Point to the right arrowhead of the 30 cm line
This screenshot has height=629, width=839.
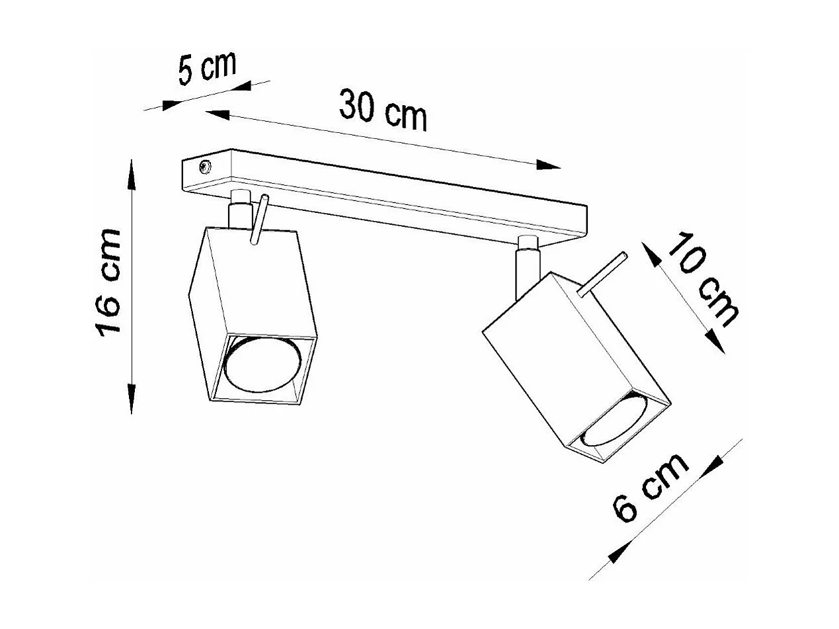pyautogui.click(x=548, y=165)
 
